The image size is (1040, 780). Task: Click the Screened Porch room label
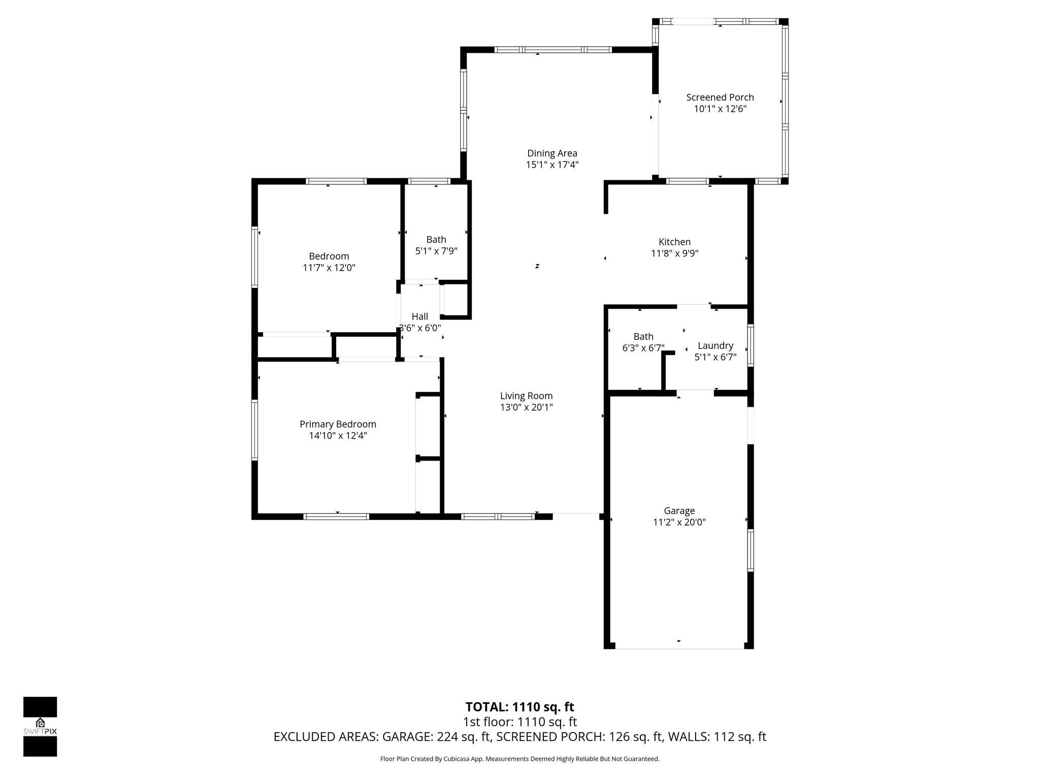click(720, 97)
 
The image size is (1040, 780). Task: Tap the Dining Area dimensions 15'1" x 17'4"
click(552, 165)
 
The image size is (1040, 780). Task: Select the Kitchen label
click(674, 242)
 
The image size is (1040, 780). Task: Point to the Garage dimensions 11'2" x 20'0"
click(679, 522)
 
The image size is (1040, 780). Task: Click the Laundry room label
click(715, 345)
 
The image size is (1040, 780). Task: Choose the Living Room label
click(526, 396)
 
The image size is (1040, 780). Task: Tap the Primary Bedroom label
click(338, 424)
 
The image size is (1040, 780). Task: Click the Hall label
click(419, 316)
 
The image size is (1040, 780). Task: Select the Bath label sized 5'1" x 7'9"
click(436, 239)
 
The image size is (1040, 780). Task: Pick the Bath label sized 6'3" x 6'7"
click(643, 336)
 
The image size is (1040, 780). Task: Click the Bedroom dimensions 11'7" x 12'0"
click(329, 268)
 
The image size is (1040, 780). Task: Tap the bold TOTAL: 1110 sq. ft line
click(519, 707)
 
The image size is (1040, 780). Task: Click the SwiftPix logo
click(40, 726)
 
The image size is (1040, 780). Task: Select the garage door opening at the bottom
click(679, 648)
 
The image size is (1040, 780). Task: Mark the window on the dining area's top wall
click(553, 50)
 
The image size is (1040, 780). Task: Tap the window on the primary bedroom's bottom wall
click(336, 516)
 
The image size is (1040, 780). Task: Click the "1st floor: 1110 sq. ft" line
click(519, 722)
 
